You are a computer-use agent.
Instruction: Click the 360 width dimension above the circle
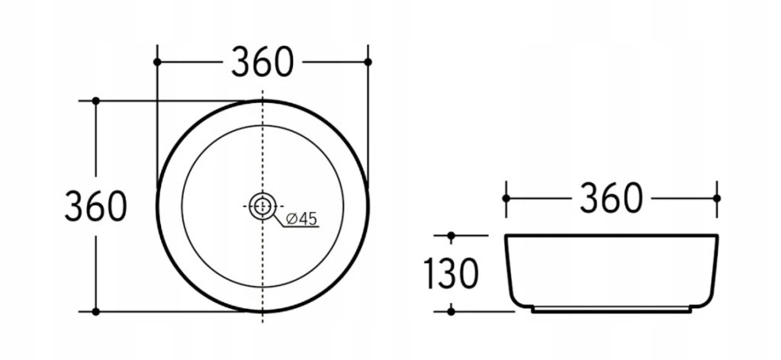point(262,62)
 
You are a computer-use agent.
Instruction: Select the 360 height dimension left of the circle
point(95,206)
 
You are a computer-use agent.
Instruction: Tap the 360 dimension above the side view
point(611,198)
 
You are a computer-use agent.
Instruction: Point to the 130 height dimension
point(451,273)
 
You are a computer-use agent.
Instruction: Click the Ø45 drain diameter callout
point(302,219)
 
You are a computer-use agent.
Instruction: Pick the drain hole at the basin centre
point(262,206)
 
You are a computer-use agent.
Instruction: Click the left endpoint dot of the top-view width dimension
point(157,62)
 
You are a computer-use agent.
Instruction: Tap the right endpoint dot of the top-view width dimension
point(368,62)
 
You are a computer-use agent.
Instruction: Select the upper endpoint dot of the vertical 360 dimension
point(96,101)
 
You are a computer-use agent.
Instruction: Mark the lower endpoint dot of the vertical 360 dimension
point(96,312)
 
